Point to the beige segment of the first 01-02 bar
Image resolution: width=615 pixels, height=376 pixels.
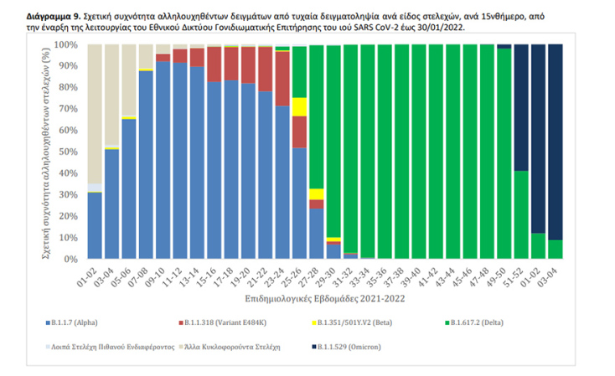tap(95, 100)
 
